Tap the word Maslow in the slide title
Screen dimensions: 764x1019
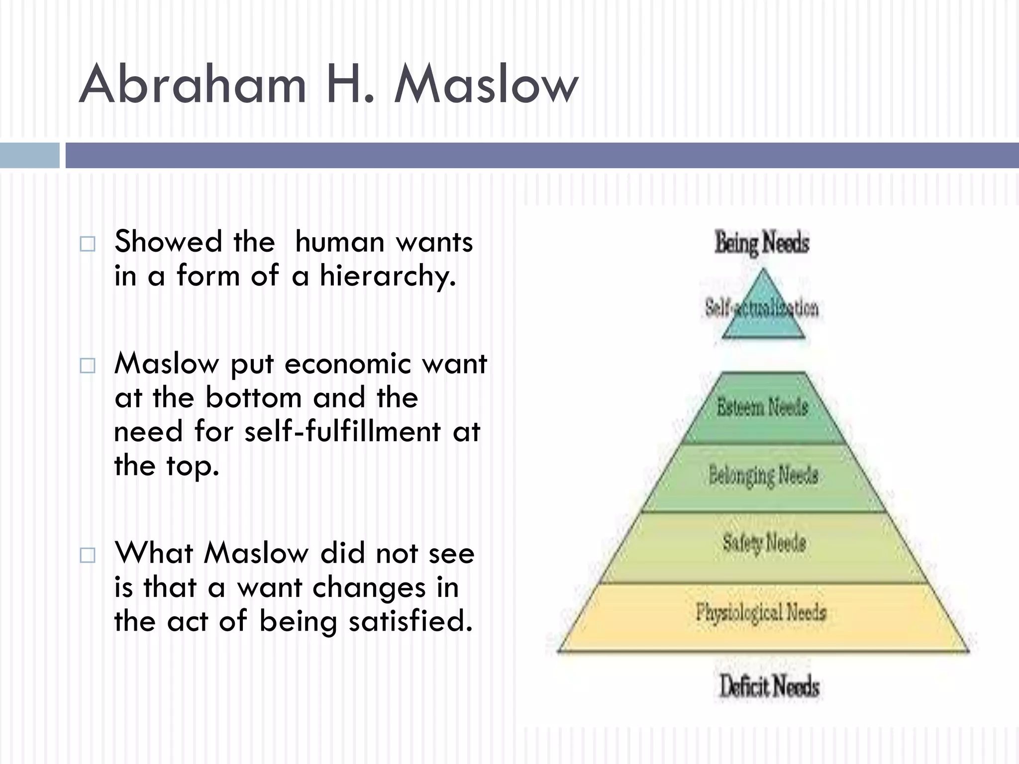pos(486,85)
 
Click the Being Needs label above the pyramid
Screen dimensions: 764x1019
pos(762,243)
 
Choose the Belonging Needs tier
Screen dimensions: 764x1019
pos(763,477)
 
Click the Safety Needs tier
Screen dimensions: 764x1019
pos(764,543)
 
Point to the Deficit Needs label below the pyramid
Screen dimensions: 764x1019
pos(769,686)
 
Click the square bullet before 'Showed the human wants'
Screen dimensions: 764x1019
pos(88,244)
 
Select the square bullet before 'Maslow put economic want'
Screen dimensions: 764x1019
pos(88,366)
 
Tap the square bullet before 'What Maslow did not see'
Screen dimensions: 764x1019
pos(88,555)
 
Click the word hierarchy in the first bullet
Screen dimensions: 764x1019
pos(387,277)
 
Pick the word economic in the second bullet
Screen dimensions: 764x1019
pos(348,364)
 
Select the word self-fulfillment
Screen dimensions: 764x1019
pos(342,431)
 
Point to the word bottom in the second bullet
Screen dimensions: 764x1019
pos(254,398)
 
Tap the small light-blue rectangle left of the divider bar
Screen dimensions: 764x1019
pos(29,155)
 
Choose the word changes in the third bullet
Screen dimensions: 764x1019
pos(369,588)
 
